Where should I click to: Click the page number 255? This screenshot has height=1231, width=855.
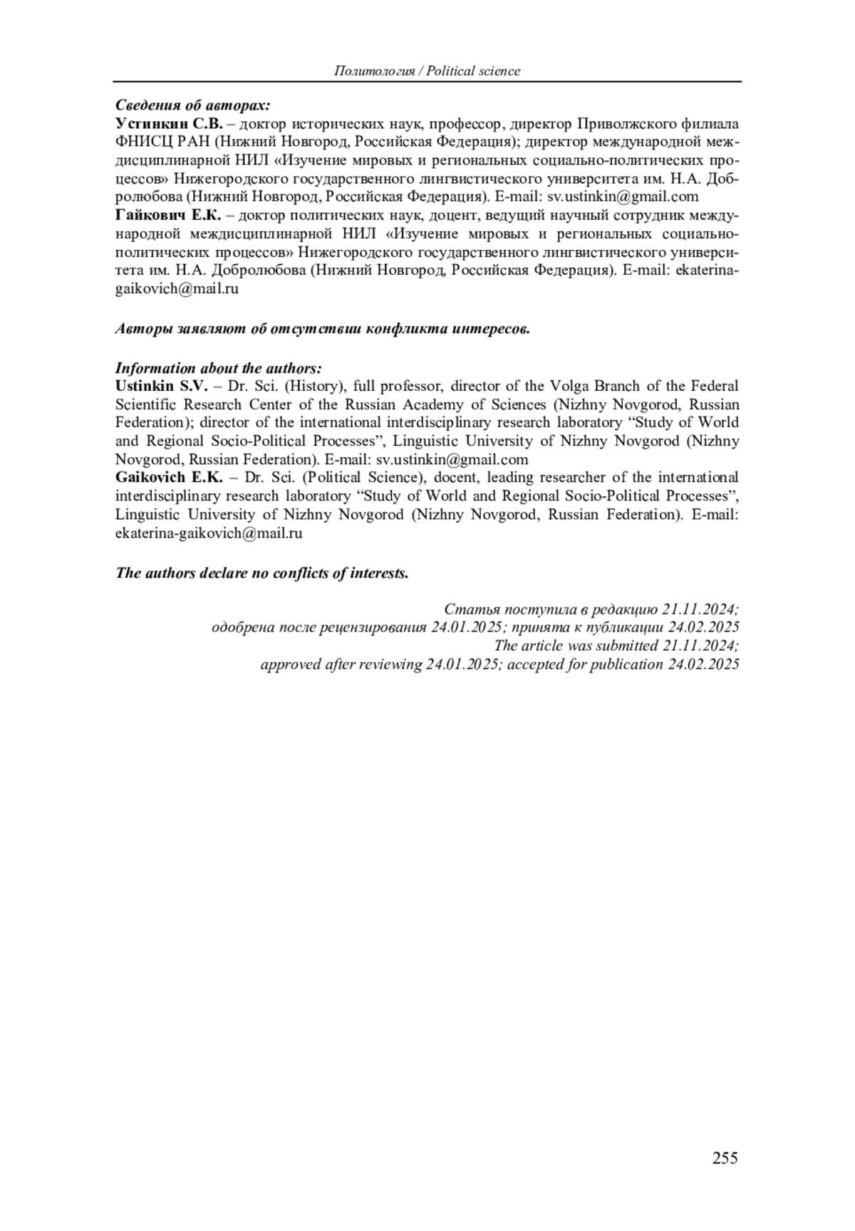point(725,1158)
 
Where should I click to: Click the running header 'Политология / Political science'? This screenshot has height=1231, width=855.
point(427,71)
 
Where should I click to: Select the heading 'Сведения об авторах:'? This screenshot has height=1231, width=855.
point(193,106)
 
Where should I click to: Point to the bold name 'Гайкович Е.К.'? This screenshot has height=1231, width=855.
point(169,215)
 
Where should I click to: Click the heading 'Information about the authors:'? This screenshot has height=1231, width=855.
point(219,368)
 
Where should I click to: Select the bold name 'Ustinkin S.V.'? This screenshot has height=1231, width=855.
point(161,386)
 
